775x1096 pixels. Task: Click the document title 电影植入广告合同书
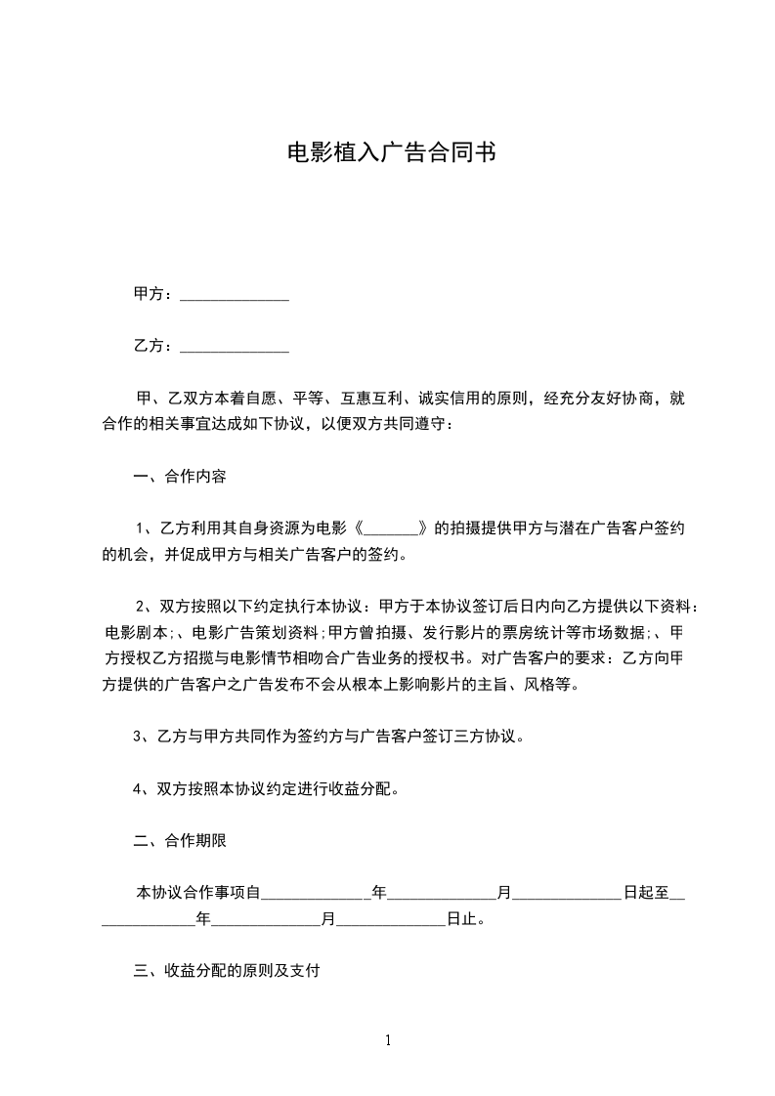pos(387,153)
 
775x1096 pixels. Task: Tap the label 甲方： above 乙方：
pos(154,293)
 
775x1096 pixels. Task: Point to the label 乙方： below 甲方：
pos(154,345)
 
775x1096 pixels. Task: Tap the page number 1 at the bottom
pos(388,1039)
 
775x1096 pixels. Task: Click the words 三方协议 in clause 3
pos(492,736)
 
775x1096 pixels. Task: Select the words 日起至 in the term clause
pos(647,892)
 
